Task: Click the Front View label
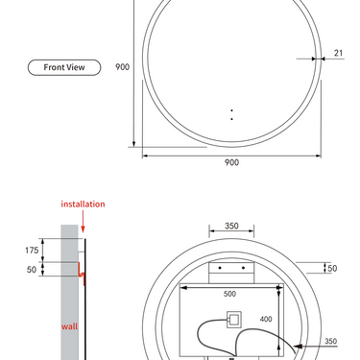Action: pos(59,67)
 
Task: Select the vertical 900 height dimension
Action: pos(123,67)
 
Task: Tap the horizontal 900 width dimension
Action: pos(231,162)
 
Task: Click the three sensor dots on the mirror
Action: pos(231,113)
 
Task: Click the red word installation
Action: pos(83,204)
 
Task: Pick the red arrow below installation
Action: pos(83,222)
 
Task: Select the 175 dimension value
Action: pos(31,250)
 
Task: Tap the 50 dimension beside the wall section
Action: pos(31,270)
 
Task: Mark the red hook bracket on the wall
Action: pos(82,279)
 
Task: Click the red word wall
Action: pos(69,326)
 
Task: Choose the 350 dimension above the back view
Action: pos(231,227)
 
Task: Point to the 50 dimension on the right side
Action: pos(332,268)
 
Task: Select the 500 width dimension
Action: pos(230,294)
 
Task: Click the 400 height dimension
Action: pos(266,319)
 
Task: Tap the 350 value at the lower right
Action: pos(330,341)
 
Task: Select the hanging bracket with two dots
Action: pos(231,268)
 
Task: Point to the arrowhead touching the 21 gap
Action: pos(324,58)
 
